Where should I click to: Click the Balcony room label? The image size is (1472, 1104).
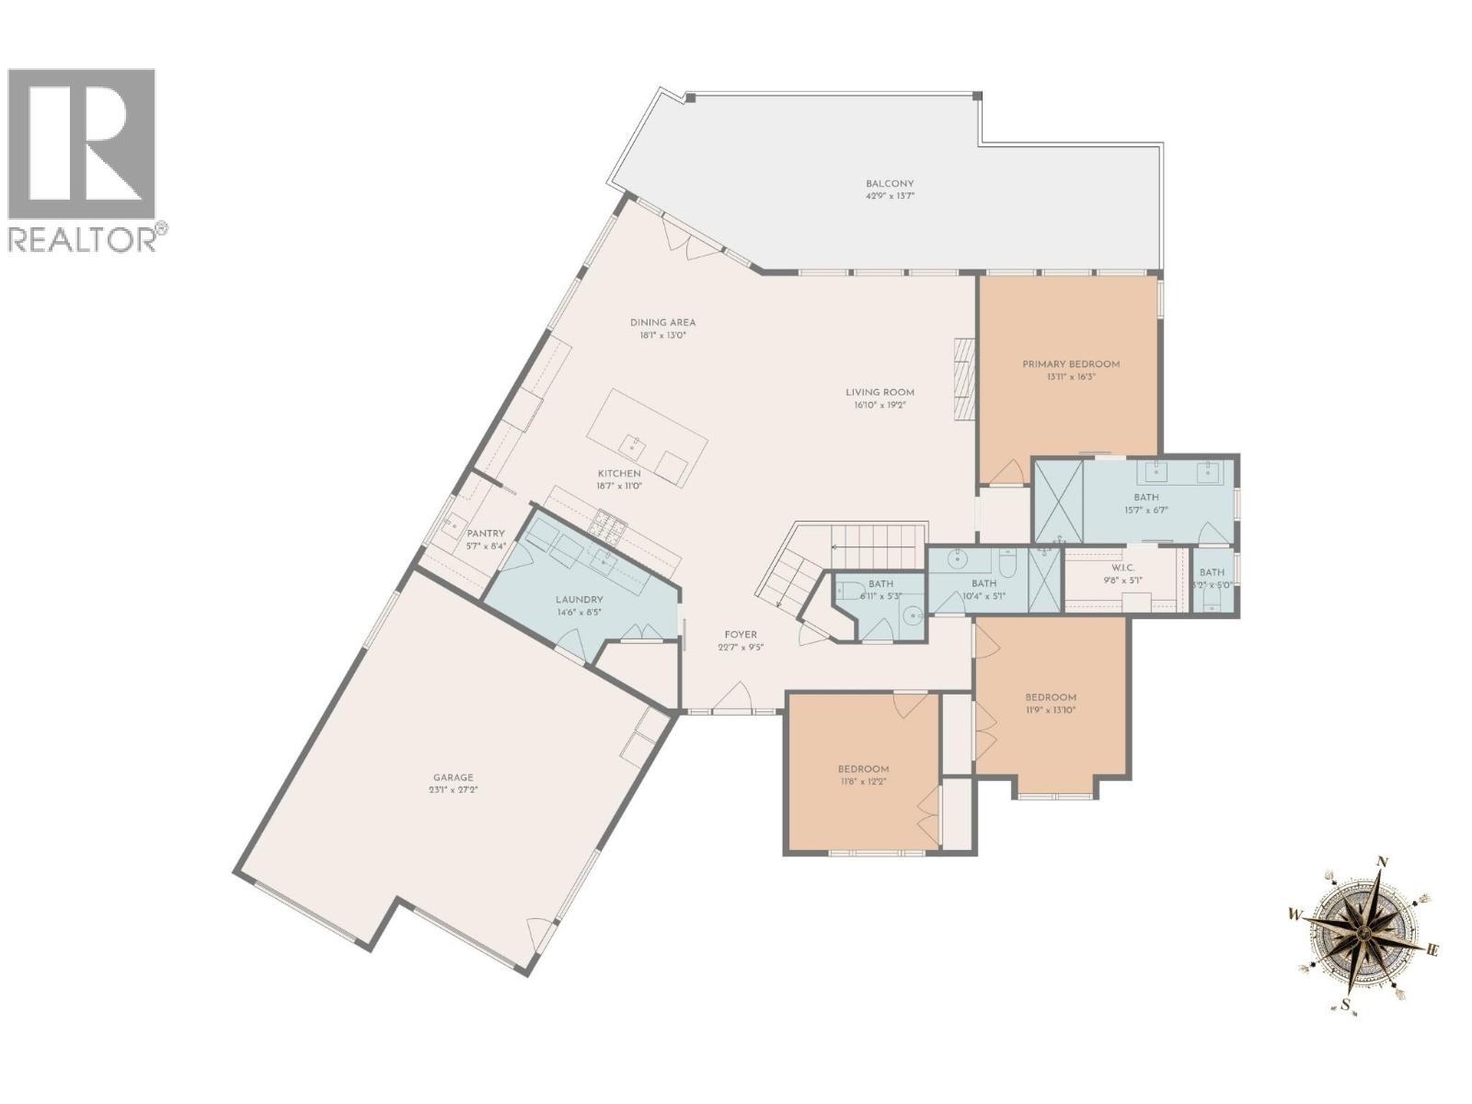[889, 183]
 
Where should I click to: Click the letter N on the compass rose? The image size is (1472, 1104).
[1381, 862]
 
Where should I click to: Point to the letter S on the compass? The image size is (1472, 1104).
[1346, 1004]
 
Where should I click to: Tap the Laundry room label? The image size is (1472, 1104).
[579, 600]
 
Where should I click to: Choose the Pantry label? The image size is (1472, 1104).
[486, 534]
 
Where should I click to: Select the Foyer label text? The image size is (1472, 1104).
[741, 635]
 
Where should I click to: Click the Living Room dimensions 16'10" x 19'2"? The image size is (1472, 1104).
[880, 405]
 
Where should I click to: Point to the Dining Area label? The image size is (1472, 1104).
[662, 323]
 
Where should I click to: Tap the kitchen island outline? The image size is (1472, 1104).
[647, 437]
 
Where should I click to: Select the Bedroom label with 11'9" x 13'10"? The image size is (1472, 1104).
[1051, 697]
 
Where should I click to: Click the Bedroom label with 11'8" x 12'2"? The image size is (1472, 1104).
[863, 769]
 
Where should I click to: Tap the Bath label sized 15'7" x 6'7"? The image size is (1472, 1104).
[1146, 498]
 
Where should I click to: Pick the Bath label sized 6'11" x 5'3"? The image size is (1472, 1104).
[880, 584]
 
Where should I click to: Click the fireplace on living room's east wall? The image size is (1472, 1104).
[963, 378]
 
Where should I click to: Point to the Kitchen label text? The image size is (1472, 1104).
[619, 474]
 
